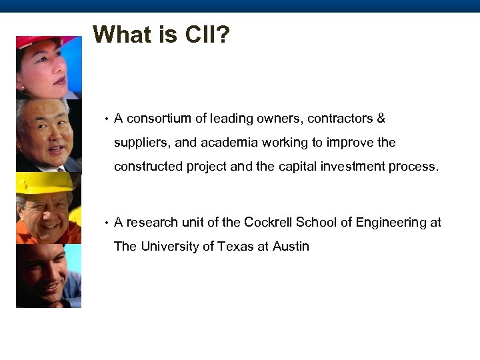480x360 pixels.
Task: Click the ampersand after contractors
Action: (x=381, y=119)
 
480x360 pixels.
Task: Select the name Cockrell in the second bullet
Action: (x=268, y=223)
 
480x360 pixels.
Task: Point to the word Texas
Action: (x=235, y=247)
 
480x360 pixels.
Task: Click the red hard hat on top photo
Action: (x=40, y=41)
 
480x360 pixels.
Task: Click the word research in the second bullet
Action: (x=153, y=223)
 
